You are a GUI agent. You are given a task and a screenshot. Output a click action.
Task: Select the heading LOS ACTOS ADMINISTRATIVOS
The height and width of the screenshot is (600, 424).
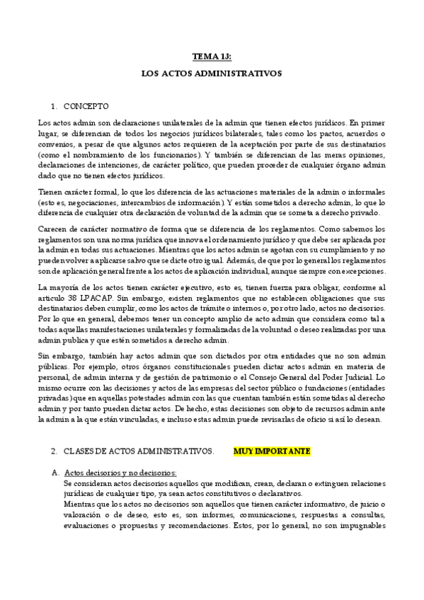[212, 73]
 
